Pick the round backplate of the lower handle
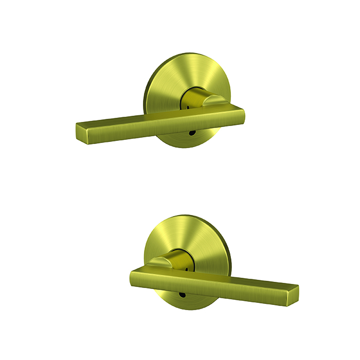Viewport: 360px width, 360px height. pos(185,237)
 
